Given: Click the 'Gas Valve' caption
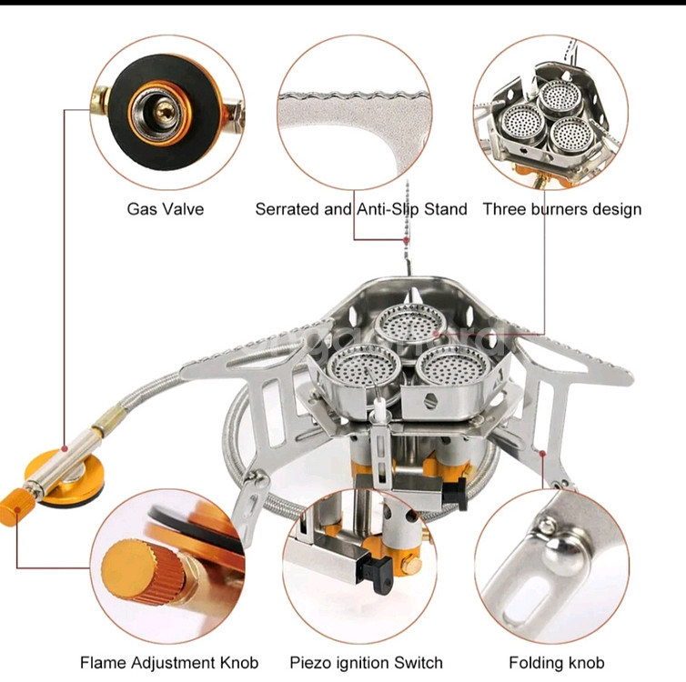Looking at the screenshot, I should (165, 209).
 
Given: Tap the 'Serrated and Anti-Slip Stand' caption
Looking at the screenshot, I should (360, 209).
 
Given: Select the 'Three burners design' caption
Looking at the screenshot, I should (561, 209).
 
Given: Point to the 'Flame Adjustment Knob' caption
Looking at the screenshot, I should (169, 663).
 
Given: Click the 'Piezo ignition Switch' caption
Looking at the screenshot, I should (366, 663).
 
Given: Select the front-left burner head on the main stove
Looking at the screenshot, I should (353, 368).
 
